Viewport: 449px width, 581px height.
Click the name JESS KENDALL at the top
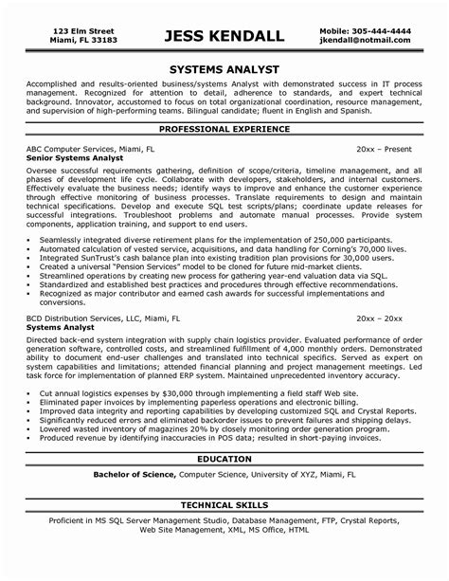[224, 37]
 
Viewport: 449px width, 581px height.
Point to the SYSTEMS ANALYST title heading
[224, 69]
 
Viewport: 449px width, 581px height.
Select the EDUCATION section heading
[224, 485]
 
